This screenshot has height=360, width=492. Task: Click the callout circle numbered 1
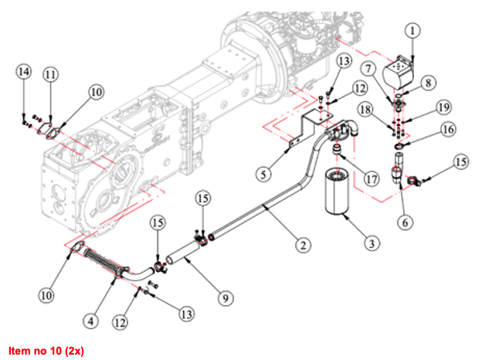click(x=413, y=32)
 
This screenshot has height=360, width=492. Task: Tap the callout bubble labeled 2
click(x=304, y=246)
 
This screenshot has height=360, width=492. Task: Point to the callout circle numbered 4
click(x=92, y=318)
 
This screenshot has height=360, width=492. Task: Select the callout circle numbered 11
click(x=51, y=75)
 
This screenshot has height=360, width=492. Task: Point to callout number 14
click(x=24, y=72)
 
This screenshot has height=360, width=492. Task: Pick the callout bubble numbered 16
click(x=448, y=131)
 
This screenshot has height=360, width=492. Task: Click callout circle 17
click(x=372, y=179)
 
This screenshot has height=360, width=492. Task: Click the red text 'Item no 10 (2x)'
click(x=46, y=351)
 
